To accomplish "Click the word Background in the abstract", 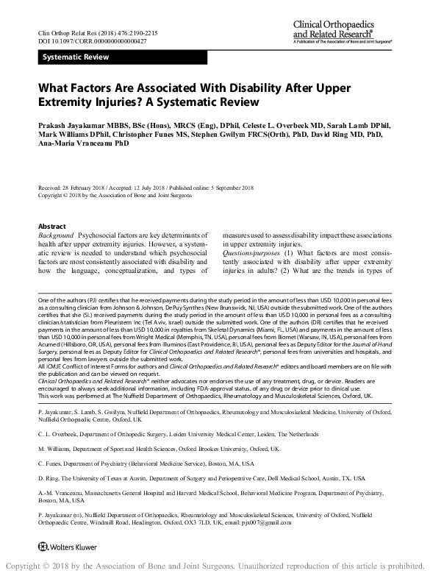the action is pyautogui.click(x=58, y=235).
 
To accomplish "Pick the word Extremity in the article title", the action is pyautogui.click(x=65, y=101).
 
